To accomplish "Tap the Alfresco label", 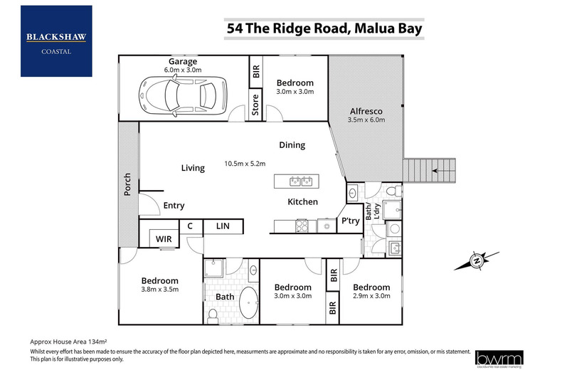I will click(367, 111).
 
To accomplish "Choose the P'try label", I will click(349, 221).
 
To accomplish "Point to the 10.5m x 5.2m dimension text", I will click(245, 163).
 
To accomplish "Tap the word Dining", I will click(292, 145).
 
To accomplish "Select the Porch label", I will click(128, 184).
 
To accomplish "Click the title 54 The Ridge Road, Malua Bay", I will click(324, 28).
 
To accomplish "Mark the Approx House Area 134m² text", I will click(69, 342).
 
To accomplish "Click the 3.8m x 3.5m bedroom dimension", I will click(159, 290).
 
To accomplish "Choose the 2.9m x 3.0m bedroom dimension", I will click(372, 295).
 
